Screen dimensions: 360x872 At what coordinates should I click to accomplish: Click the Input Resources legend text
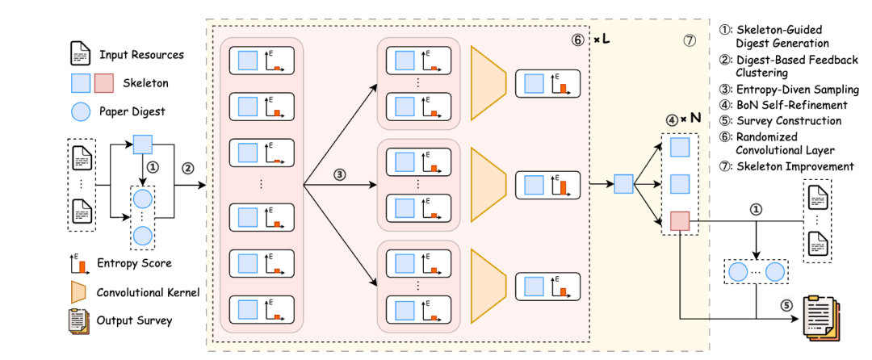[x=141, y=55]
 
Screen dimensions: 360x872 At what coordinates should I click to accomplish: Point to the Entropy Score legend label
[x=133, y=263]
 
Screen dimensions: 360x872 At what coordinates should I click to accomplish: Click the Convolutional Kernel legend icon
[x=79, y=291]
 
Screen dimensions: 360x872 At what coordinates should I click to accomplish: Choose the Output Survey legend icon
[x=78, y=320]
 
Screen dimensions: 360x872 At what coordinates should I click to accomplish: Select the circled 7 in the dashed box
[x=689, y=40]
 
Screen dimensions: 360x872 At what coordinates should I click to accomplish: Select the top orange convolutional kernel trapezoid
[x=488, y=82]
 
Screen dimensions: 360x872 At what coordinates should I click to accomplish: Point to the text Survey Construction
[x=786, y=121]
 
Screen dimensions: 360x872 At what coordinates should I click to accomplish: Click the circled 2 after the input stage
[x=188, y=169]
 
